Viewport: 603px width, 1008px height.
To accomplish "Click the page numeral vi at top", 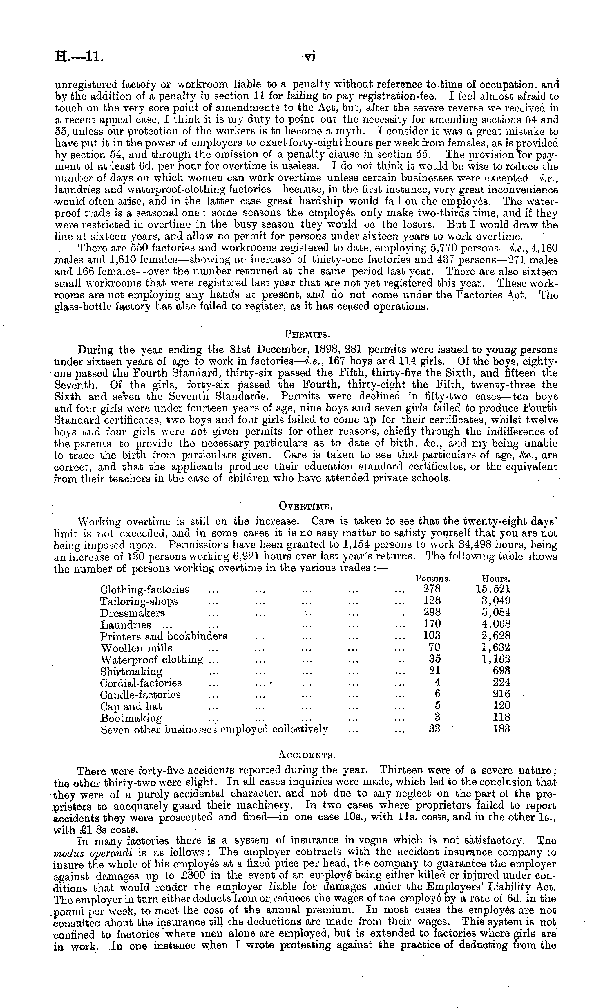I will tap(310, 57).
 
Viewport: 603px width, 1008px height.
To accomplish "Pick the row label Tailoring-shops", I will tap(139, 601).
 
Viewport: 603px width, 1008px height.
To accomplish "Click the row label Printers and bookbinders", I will tap(164, 636).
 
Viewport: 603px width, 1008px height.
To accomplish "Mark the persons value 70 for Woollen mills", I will tap(434, 647).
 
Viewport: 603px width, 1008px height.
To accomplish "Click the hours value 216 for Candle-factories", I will tap(501, 694).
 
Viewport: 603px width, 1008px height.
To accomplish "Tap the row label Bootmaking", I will tap(131, 718).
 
